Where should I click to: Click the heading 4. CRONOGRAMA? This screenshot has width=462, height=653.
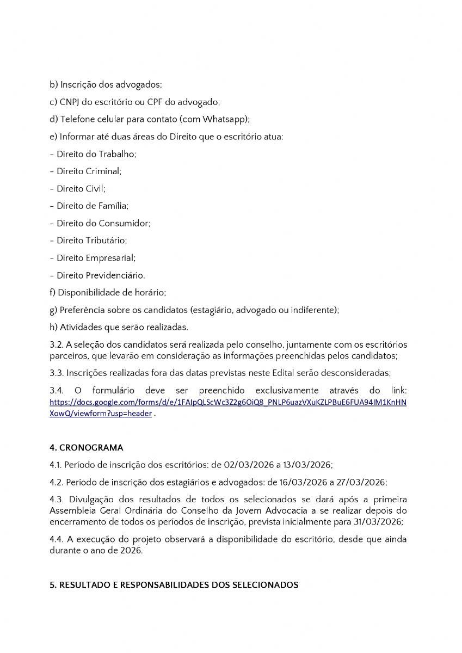[x=86, y=448]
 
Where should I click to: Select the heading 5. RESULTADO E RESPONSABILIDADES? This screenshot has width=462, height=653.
[x=174, y=585]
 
